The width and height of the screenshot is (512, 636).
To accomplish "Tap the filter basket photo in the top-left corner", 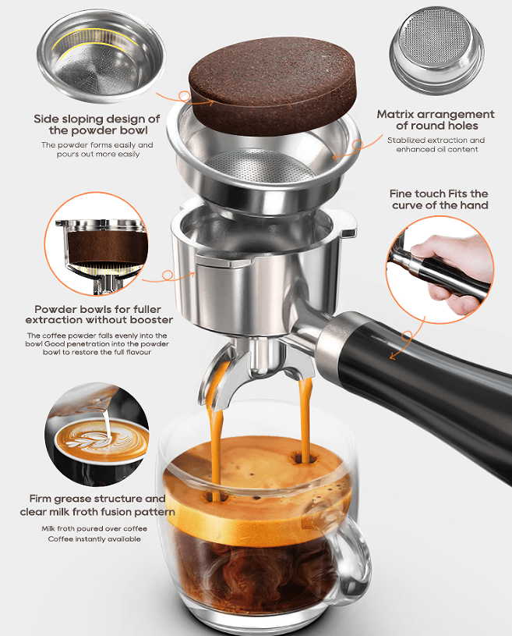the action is (x=101, y=56).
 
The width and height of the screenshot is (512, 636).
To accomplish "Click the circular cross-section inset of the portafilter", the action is (x=97, y=244).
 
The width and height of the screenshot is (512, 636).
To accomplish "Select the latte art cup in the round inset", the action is (x=101, y=442).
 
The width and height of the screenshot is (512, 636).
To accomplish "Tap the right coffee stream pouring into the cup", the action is (x=305, y=417).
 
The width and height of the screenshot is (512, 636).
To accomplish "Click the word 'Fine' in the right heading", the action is (x=401, y=194).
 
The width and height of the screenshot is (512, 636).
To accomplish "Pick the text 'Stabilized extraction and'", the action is (x=436, y=140).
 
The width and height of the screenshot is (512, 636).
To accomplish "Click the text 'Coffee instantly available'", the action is (x=94, y=539).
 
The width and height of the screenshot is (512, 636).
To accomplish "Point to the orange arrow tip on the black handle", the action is (x=391, y=357).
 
